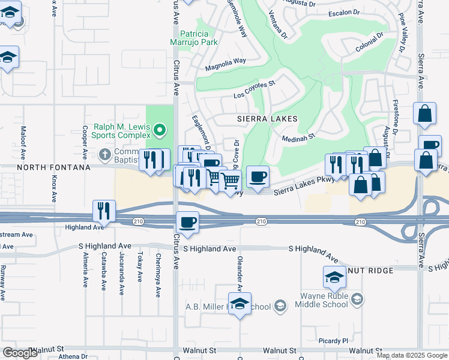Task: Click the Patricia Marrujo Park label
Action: tap(198, 38)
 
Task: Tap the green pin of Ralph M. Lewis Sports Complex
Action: tap(159, 130)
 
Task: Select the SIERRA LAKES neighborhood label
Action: tap(268, 119)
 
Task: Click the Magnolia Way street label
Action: tap(226, 61)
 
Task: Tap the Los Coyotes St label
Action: tap(254, 91)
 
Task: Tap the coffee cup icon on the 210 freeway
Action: tap(187, 223)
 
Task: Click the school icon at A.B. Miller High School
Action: tap(240, 304)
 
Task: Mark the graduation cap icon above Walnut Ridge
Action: tap(334, 277)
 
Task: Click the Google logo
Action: tap(20, 353)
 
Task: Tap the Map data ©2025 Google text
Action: tap(412, 355)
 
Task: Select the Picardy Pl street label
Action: tap(334, 340)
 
